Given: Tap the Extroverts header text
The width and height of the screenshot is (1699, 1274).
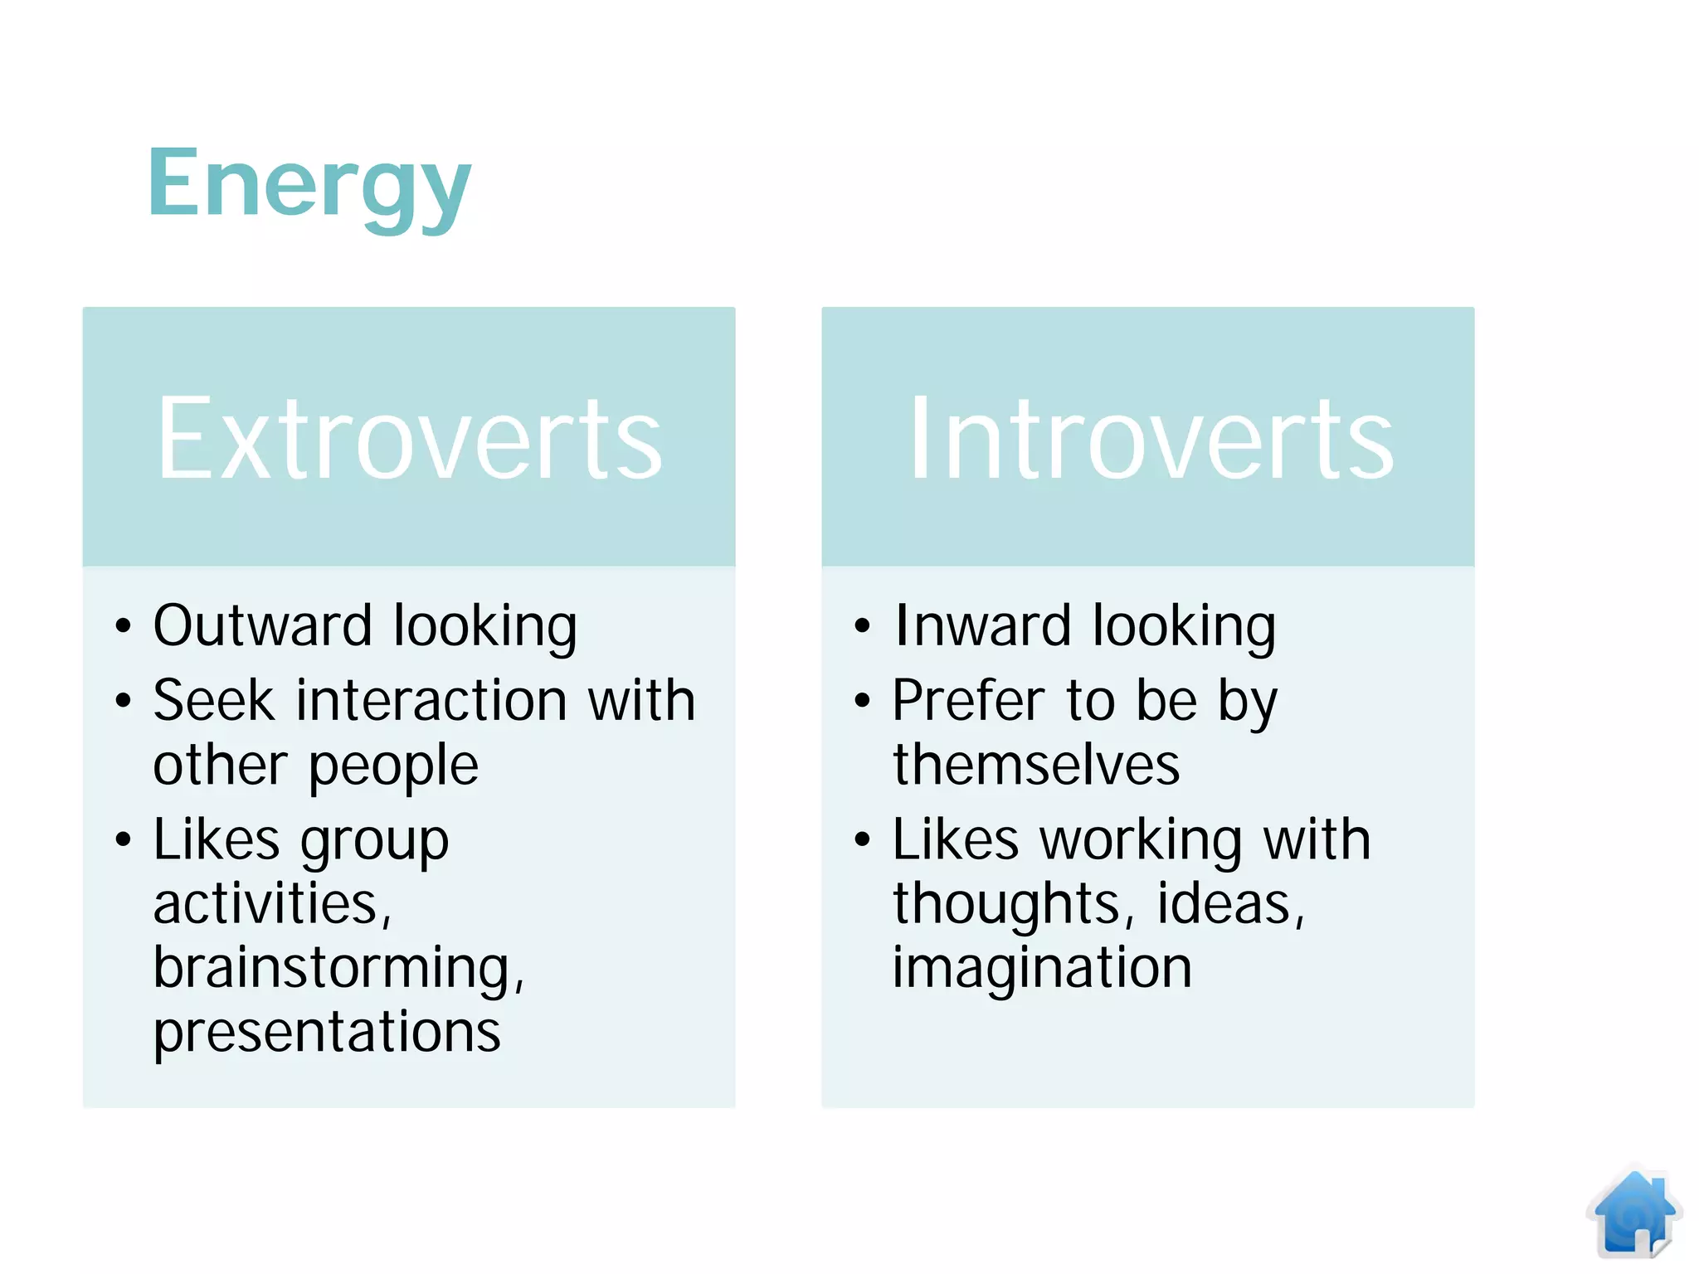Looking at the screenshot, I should [x=410, y=439].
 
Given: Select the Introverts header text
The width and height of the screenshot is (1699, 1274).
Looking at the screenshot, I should [x=1151, y=439].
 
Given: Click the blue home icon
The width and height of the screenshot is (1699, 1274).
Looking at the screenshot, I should [x=1633, y=1213].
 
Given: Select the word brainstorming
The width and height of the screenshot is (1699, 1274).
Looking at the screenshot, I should [x=338, y=968].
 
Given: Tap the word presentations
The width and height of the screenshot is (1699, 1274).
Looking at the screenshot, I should [x=327, y=1032].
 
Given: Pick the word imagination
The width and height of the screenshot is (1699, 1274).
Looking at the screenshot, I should [x=1042, y=968].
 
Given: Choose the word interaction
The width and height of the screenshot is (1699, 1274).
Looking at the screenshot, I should [x=431, y=700].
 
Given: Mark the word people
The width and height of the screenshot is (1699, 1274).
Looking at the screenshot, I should [x=393, y=766].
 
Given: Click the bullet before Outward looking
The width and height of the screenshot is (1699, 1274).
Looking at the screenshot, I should [x=124, y=626].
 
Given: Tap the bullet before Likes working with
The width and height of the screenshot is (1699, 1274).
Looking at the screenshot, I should [x=863, y=839].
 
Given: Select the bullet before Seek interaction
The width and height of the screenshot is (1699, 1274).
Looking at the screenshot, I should [x=124, y=701].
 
